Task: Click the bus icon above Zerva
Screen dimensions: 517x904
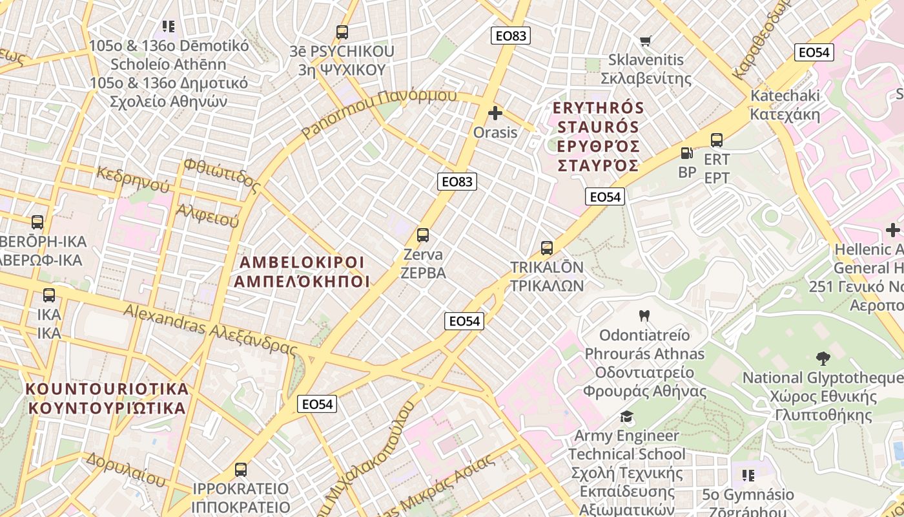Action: [423, 235]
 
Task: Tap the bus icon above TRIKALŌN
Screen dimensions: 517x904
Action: [547, 248]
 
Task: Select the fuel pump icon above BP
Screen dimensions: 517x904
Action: [686, 153]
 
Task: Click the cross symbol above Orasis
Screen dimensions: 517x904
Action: [495, 114]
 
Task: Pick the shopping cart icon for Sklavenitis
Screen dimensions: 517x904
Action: [645, 41]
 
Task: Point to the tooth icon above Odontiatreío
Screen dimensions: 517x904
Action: [643, 316]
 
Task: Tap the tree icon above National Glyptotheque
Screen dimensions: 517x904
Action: [823, 358]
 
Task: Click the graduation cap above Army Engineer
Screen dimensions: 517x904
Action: [626, 416]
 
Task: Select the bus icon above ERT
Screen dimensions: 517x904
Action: [717, 140]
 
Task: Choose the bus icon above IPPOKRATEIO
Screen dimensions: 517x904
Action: [241, 470]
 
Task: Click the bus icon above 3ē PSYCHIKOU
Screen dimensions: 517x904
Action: [342, 32]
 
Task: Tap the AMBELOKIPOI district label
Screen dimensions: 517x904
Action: [302, 272]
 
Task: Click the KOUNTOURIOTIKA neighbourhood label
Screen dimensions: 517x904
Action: [107, 398]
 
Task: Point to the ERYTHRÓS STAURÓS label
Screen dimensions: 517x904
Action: [599, 136]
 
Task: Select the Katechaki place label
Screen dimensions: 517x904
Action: [785, 105]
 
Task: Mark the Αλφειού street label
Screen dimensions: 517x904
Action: [207, 215]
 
